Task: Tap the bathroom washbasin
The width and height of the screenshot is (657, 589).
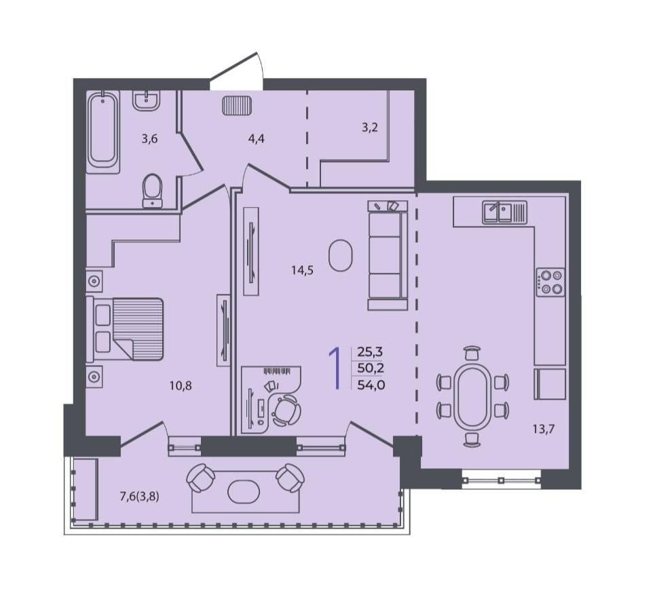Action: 146,100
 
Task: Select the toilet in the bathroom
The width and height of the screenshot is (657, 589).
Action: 152,191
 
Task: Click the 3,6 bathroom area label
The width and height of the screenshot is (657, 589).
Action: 149,138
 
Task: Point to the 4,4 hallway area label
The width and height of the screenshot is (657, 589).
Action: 256,138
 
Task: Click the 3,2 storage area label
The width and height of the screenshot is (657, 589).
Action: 369,127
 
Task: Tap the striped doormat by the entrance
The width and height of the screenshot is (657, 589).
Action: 237,105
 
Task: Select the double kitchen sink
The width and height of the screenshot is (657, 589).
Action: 504,212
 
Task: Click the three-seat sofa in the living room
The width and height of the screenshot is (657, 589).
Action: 388,255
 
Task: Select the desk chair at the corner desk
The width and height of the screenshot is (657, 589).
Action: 286,410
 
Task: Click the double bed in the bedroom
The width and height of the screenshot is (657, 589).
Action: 124,329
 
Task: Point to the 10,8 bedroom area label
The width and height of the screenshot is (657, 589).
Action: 181,385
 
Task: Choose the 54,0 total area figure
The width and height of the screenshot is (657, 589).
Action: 371,385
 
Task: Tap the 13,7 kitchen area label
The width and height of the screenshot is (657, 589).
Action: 544,429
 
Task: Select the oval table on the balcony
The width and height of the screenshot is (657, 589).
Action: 244,492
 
